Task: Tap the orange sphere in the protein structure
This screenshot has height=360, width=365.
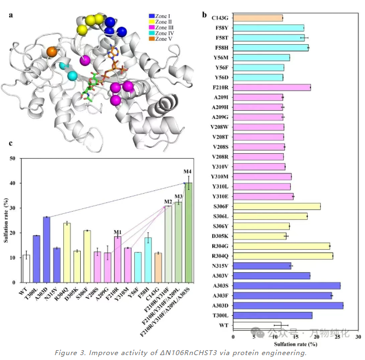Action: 52,52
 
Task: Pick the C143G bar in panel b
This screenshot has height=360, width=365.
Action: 258,18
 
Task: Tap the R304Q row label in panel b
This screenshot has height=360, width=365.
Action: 220,256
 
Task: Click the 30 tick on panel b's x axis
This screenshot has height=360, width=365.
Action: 358,337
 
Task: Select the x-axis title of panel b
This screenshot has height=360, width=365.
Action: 295,345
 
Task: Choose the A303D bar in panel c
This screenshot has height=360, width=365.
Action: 46,250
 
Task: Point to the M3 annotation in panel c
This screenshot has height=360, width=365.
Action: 178,197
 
